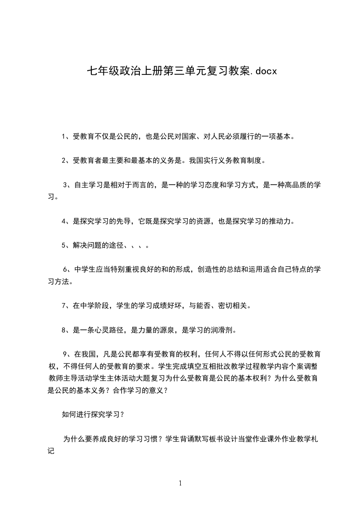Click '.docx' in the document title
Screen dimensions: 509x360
[x=263, y=71]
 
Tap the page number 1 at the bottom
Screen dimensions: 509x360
[x=180, y=483]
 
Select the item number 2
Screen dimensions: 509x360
[x=64, y=160]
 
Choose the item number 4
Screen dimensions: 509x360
[x=64, y=221]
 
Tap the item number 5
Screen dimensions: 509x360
[x=64, y=245]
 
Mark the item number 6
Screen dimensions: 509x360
[x=65, y=269]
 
